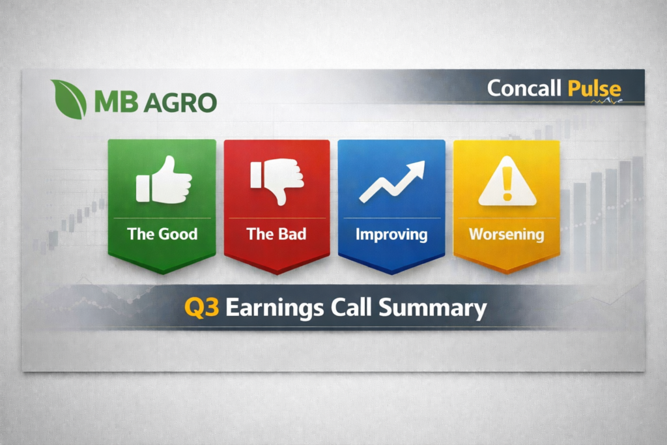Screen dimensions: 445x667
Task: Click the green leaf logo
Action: (x=69, y=100)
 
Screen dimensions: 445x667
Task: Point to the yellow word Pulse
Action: (x=593, y=89)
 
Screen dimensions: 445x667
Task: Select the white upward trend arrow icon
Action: (x=391, y=180)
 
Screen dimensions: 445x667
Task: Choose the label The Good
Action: (x=162, y=234)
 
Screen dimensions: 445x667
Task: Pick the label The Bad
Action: (x=276, y=234)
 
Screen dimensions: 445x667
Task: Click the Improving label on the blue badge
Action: (x=391, y=234)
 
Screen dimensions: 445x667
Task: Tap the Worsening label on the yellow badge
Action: (x=506, y=234)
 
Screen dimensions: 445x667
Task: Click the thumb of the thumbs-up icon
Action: (x=167, y=165)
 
